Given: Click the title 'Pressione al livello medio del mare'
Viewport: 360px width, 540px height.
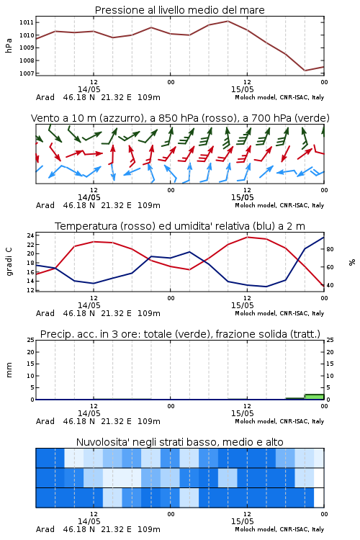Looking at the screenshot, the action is (x=179, y=10).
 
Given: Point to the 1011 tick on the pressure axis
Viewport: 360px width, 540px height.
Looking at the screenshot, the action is (x=27, y=22).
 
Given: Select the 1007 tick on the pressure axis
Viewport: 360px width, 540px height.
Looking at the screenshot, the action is (x=27, y=73).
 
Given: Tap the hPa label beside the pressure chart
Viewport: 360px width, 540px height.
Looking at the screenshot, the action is (x=9, y=45).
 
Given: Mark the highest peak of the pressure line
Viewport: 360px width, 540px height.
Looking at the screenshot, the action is (x=228, y=21).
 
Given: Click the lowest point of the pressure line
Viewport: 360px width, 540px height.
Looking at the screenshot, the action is (x=305, y=71).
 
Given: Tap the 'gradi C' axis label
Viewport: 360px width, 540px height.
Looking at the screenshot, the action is (x=9, y=262).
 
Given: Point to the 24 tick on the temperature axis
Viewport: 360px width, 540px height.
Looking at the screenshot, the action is (x=30, y=235).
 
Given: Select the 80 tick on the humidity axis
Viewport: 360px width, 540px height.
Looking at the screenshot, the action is (x=330, y=249).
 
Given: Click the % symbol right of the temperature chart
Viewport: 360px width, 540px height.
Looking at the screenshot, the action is (x=352, y=262).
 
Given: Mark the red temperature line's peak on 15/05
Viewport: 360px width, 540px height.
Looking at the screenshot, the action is (x=247, y=237).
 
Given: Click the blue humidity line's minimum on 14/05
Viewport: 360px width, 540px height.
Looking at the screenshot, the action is (x=94, y=284).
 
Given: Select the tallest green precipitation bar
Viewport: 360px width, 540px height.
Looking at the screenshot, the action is (x=314, y=397).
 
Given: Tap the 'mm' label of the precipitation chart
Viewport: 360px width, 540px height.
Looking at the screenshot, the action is (x=9, y=370).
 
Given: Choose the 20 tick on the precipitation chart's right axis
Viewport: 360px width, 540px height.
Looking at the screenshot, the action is (x=330, y=352).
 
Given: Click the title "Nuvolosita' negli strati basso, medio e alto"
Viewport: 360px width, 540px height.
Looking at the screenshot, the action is (x=179, y=442).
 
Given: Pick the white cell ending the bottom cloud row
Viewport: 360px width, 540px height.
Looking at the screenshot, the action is (x=319, y=498).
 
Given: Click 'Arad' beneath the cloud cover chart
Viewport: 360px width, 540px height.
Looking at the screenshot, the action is (x=45, y=529).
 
